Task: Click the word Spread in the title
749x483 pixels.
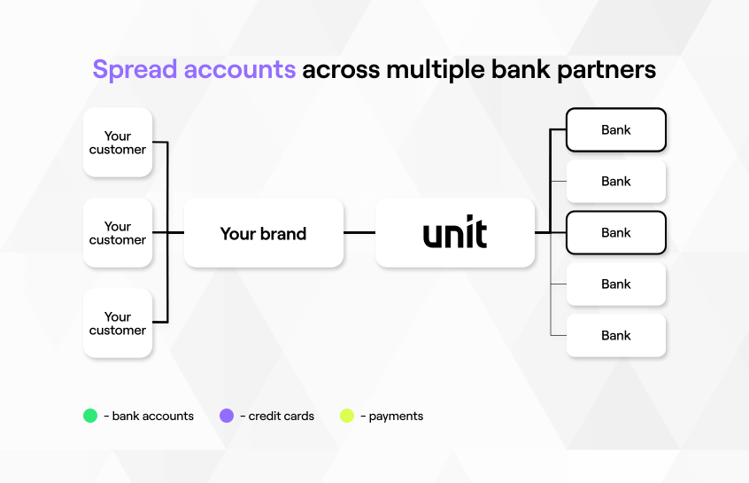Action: (x=135, y=69)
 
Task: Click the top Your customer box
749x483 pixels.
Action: (x=118, y=143)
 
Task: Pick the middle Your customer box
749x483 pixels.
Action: (x=118, y=233)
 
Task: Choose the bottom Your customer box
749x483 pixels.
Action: (x=118, y=323)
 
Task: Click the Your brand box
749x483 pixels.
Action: (x=263, y=233)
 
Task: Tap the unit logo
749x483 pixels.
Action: (x=455, y=233)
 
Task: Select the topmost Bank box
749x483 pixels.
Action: (x=615, y=130)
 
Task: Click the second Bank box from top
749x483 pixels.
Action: (x=615, y=182)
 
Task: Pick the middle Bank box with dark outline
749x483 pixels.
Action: (x=615, y=233)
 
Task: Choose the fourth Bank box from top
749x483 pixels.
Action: (x=615, y=284)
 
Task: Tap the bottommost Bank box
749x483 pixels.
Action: (x=615, y=336)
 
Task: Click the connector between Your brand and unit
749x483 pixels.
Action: (x=359, y=233)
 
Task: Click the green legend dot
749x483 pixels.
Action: (x=90, y=416)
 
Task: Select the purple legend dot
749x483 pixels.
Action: (x=227, y=416)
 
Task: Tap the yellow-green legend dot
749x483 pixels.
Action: (x=347, y=416)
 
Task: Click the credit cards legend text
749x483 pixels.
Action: (x=281, y=416)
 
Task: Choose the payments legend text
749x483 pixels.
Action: (x=395, y=416)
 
